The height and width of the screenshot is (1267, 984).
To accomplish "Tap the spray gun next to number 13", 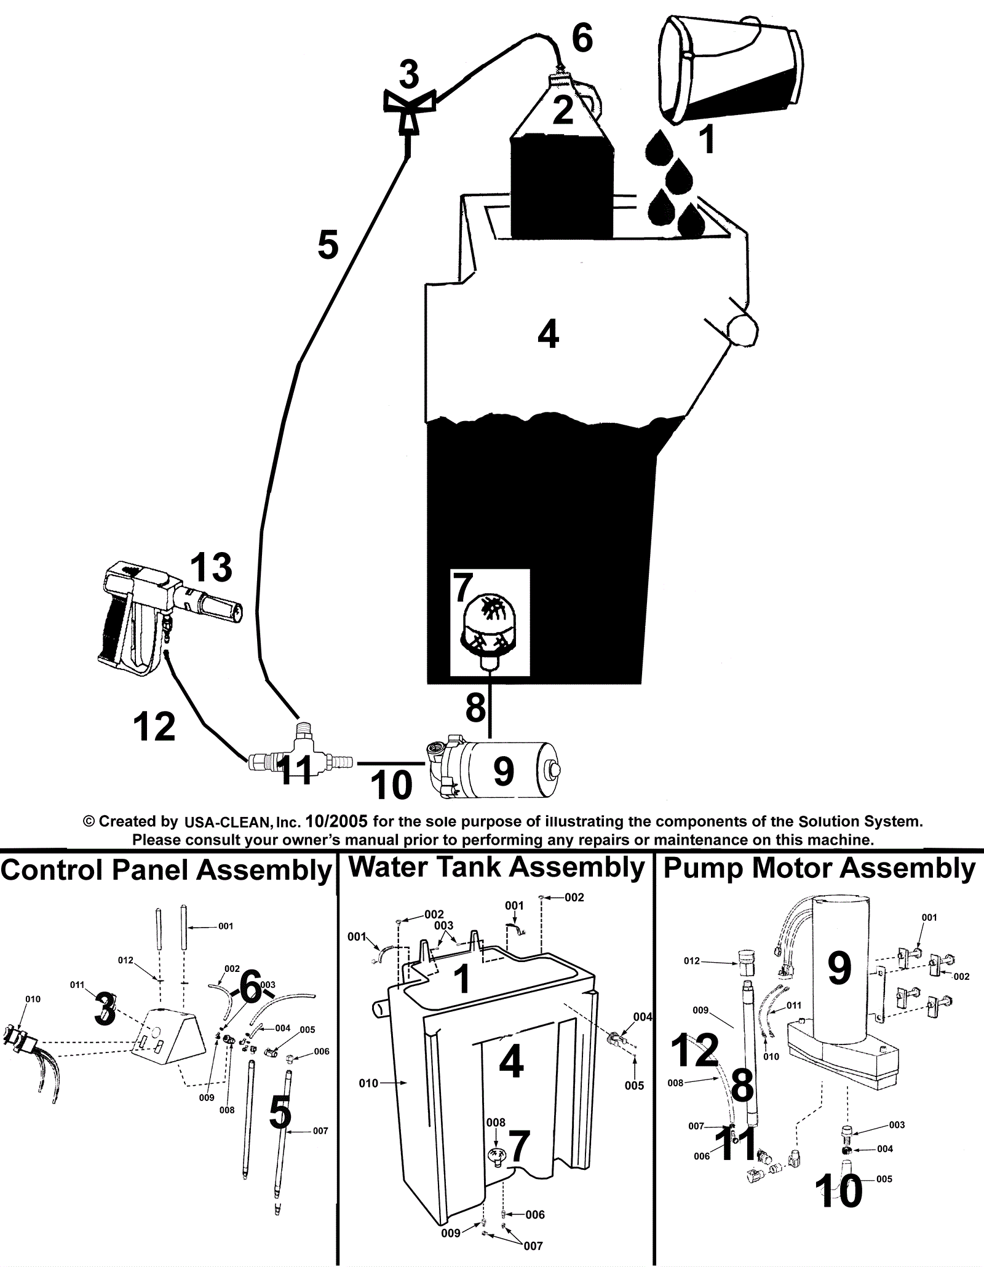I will coord(160,615).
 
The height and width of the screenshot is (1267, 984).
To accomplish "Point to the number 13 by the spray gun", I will coord(211,567).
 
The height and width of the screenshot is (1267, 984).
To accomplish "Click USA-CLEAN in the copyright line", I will coord(229,821).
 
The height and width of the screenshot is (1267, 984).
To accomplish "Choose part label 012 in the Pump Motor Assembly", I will coord(692,961).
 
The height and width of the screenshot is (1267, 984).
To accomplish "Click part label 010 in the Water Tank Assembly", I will coord(368,1100).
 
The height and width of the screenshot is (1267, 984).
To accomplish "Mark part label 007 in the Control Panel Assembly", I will coord(320,1131).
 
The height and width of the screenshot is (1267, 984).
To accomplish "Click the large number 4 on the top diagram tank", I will coord(548,336).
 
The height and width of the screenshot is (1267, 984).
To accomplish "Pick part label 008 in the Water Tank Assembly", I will coord(496,1123).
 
